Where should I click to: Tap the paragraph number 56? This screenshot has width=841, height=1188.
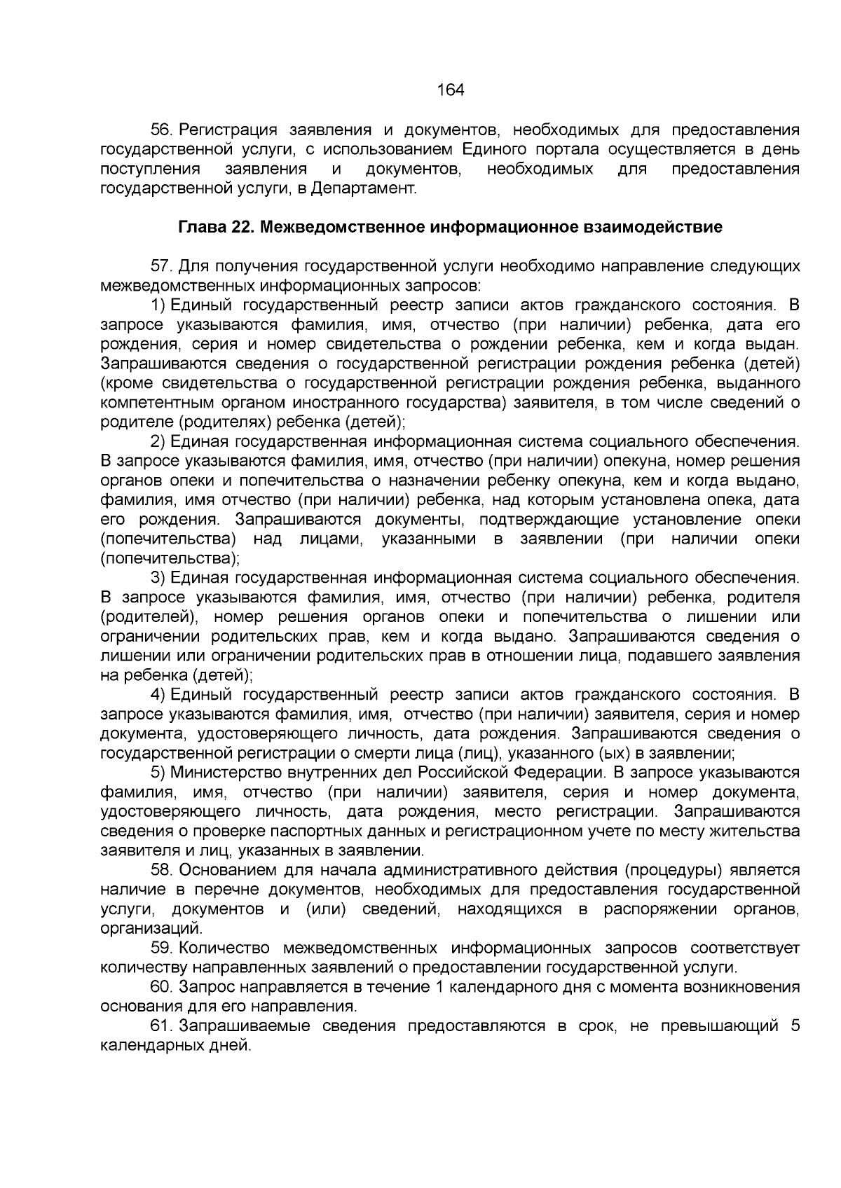pyautogui.click(x=162, y=130)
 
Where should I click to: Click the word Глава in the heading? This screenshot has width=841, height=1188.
pyautogui.click(x=200, y=228)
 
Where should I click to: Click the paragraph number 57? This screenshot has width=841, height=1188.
pyautogui.click(x=162, y=267)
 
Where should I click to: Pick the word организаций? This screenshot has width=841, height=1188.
pyautogui.click(x=151, y=930)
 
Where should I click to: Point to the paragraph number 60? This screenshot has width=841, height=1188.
pyautogui.click(x=162, y=988)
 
